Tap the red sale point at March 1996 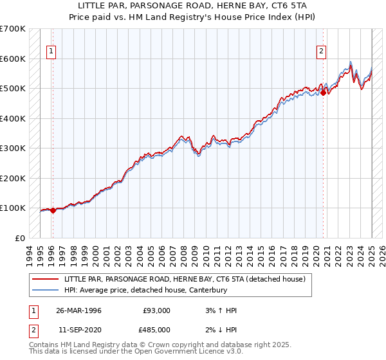tap(53, 210)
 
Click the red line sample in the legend tap(45, 279)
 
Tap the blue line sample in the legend tap(45, 290)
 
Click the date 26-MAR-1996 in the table tap(79, 310)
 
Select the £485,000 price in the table tap(157, 329)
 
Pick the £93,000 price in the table tap(157, 310)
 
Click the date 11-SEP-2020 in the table tap(79, 329)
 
